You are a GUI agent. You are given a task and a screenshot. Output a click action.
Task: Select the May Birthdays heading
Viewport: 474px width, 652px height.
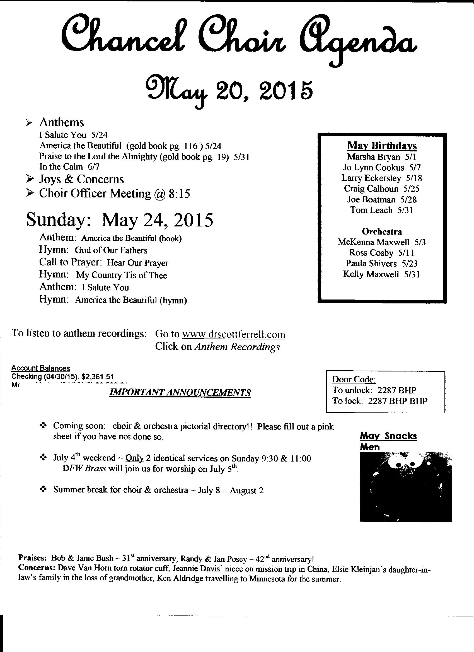[382, 146]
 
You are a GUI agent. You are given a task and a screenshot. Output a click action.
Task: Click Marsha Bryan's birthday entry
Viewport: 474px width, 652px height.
[382, 157]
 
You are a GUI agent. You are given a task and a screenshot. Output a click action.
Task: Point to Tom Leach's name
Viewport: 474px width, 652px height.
[371, 210]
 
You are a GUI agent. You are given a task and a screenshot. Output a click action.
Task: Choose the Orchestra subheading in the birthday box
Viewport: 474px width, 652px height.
[382, 231]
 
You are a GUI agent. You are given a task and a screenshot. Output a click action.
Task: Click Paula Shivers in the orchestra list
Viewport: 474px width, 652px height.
[371, 263]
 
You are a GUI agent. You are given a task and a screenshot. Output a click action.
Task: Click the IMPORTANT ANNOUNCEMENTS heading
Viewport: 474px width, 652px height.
[180, 392]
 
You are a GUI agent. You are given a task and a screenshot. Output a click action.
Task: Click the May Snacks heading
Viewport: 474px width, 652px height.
[388, 436]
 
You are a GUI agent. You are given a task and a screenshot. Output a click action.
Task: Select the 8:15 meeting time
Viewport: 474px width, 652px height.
[179, 194]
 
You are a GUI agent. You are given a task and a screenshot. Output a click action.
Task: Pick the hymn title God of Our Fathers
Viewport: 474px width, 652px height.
[111, 250]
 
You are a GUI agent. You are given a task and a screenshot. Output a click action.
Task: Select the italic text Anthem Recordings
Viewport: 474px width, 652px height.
[237, 347]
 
